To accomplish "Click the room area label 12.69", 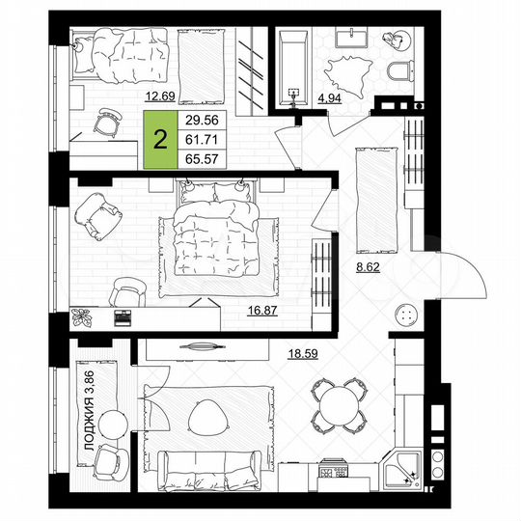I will click(x=161, y=96).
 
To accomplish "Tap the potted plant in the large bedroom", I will click(x=83, y=315).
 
